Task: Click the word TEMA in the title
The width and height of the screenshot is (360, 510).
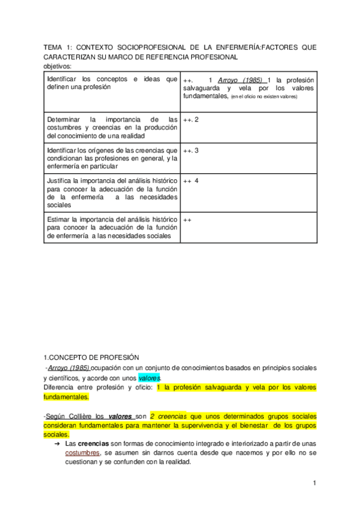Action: tap(54, 47)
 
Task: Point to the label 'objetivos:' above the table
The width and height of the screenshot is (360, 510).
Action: tap(57, 66)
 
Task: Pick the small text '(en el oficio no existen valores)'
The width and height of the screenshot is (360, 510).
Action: tap(264, 96)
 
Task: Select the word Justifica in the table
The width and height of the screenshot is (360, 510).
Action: tap(59, 180)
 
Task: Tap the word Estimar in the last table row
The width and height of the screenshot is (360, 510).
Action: tap(58, 220)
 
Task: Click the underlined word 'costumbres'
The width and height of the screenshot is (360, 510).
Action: tap(82, 453)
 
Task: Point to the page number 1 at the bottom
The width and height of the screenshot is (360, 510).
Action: tap(314, 484)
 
